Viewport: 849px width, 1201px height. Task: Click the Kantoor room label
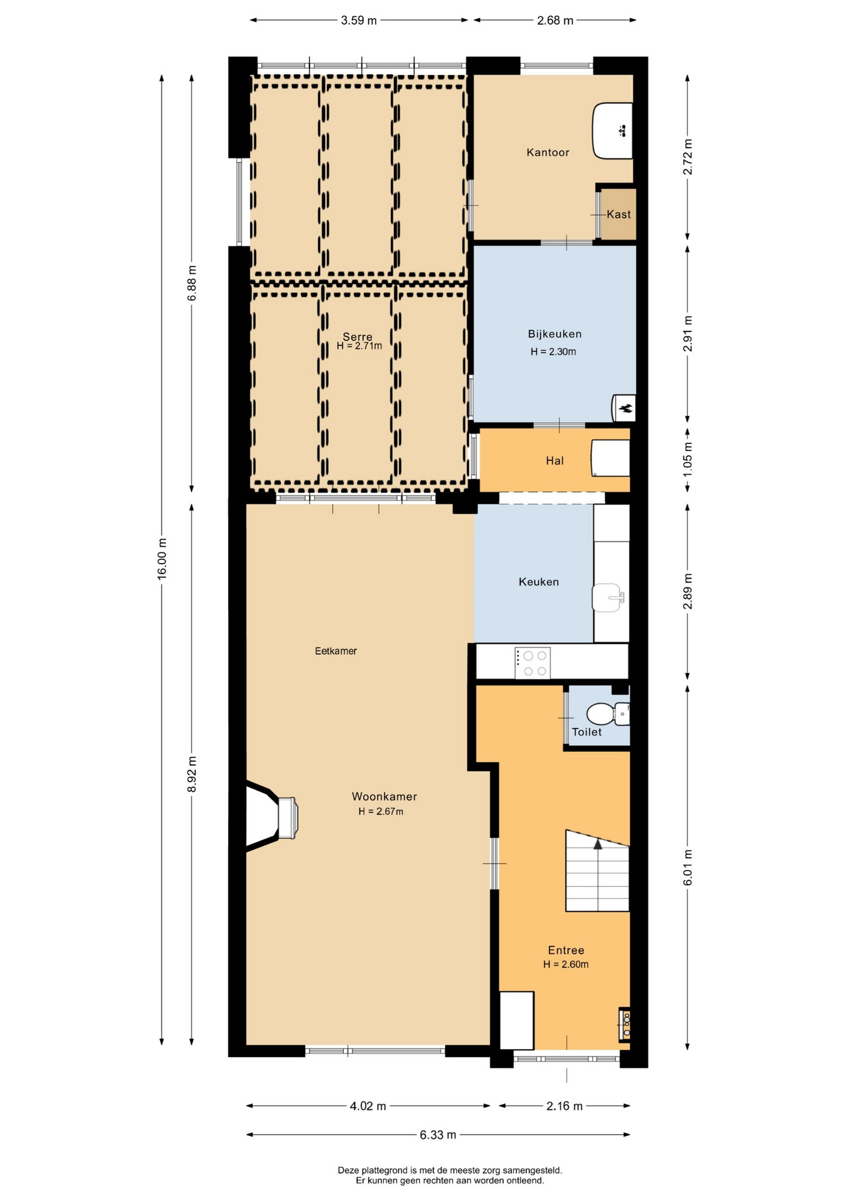coord(548,152)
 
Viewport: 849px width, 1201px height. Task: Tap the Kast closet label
coord(618,215)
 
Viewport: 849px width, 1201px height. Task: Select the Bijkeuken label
coord(555,334)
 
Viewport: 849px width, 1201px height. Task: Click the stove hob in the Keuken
coord(533,663)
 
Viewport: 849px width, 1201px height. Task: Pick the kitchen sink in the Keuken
coord(608,598)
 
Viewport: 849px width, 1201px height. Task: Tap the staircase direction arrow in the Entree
coord(598,844)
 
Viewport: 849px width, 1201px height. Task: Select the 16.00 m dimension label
coord(162,558)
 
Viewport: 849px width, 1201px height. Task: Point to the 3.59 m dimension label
coord(359,21)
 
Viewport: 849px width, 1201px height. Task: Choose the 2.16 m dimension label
coord(565,1106)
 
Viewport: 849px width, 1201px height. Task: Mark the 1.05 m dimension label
coord(688,459)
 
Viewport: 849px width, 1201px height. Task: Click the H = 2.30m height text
coord(553,352)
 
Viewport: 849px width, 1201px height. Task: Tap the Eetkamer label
coord(336,651)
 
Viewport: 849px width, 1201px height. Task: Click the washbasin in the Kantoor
coord(612,131)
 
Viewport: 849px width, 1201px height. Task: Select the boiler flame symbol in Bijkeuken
coord(626,409)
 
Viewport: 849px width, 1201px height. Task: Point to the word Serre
coord(358,337)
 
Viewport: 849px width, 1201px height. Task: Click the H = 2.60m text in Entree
coord(566,964)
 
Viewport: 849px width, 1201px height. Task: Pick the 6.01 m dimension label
coord(688,867)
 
